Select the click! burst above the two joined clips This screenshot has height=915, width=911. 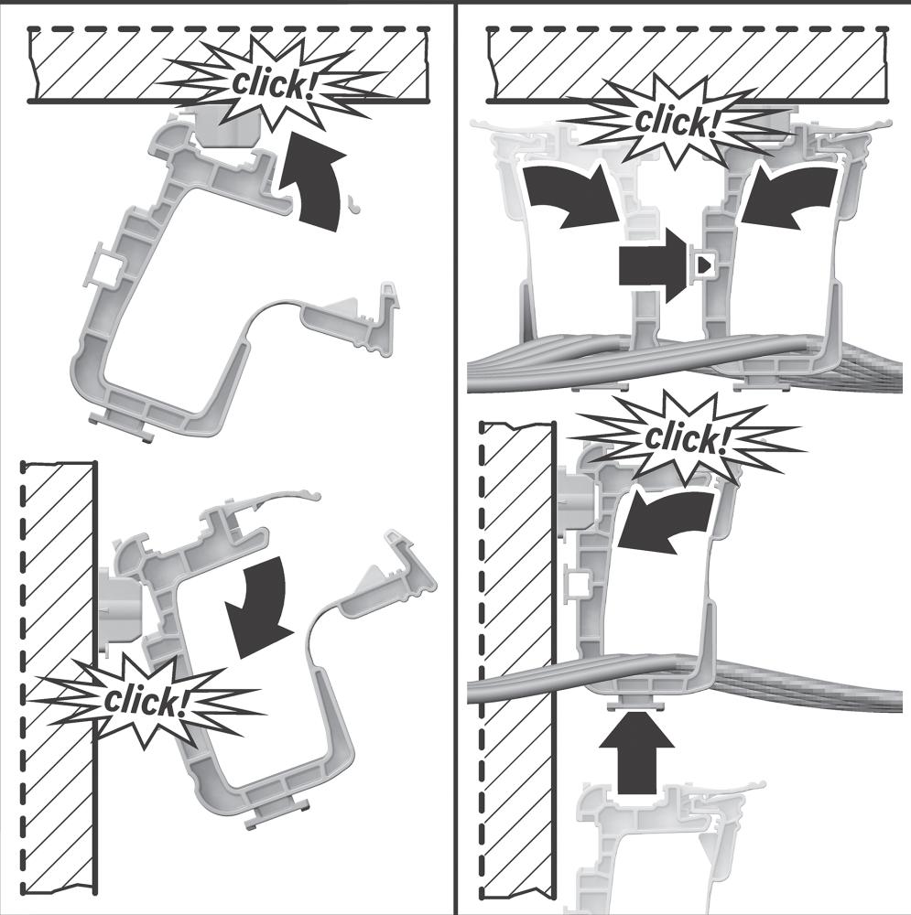(x=678, y=123)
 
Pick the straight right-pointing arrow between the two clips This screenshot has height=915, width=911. (x=654, y=266)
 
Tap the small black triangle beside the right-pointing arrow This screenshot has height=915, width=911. (x=705, y=265)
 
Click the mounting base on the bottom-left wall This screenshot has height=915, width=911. (x=120, y=610)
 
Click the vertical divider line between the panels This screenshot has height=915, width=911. (x=455, y=457)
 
